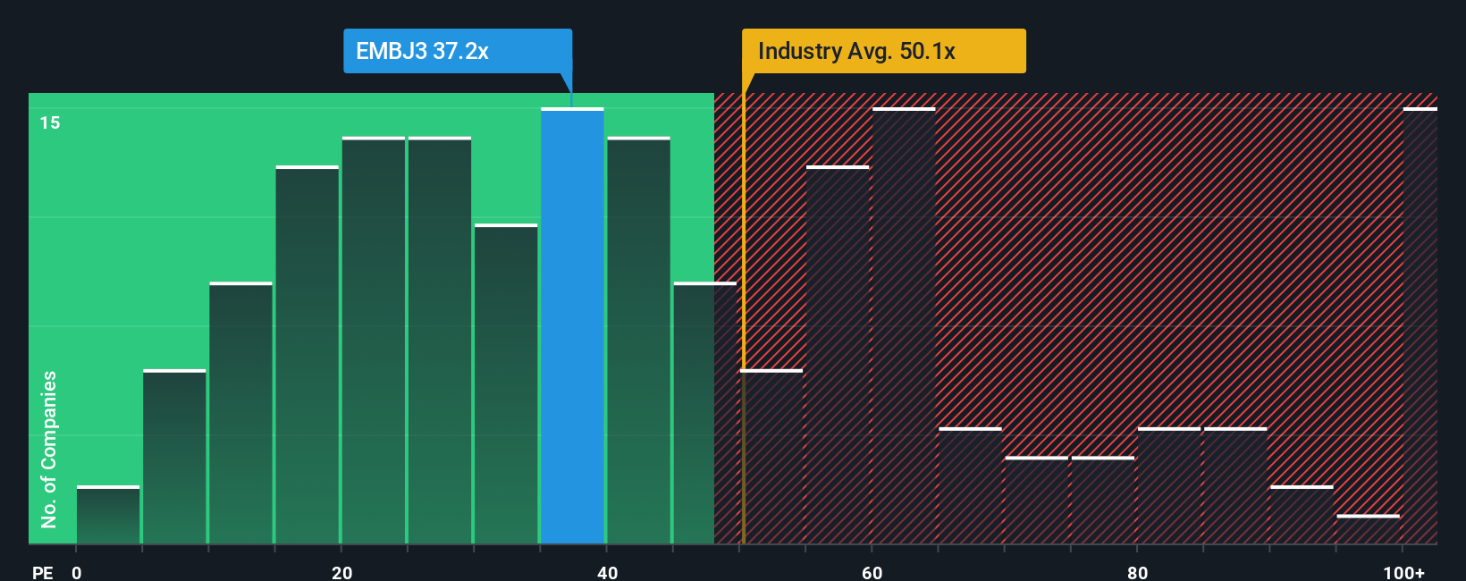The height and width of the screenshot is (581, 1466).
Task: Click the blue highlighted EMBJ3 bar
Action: tap(572, 326)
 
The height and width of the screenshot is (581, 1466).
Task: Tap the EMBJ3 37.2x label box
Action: tap(458, 51)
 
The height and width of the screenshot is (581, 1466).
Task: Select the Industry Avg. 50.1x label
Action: tap(883, 51)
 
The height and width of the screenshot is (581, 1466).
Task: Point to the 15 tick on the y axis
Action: tap(50, 122)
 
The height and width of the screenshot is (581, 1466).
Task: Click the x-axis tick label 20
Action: tap(341, 572)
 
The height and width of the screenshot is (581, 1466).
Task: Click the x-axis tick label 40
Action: tap(607, 572)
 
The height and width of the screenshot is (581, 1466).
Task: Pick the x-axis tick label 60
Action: tap(872, 572)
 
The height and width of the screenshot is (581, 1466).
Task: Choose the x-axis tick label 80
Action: tap(1137, 572)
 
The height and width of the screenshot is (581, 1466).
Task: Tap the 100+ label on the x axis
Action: tap(1403, 572)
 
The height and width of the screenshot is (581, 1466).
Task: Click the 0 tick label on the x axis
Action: tap(77, 572)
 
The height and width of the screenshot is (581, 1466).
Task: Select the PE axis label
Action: tap(42, 572)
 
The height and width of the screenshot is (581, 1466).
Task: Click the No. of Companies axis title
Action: tap(49, 449)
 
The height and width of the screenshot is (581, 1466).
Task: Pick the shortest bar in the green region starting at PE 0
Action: tap(108, 516)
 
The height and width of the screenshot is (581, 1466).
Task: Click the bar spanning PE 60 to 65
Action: tap(904, 326)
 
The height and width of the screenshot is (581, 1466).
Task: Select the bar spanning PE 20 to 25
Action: tap(374, 341)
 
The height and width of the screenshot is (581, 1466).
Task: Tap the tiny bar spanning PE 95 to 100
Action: tap(1368, 529)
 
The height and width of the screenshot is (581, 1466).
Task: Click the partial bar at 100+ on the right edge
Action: tap(1420, 326)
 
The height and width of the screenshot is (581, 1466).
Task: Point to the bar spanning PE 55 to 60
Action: tap(838, 355)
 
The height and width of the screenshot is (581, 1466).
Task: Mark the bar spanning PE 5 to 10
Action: tap(174, 457)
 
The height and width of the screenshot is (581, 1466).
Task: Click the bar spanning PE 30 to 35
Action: tap(506, 384)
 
